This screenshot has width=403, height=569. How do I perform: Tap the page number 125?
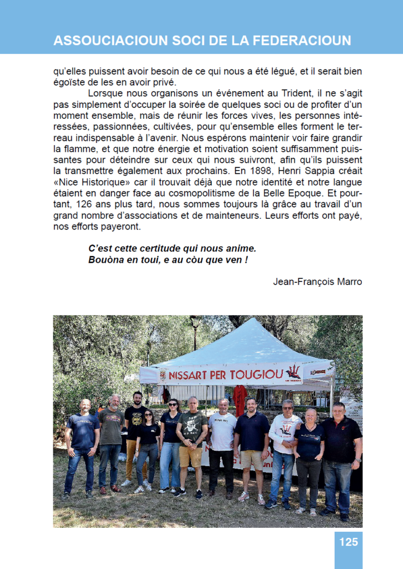tap(349, 542)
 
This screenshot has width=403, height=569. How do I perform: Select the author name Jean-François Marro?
tap(317, 281)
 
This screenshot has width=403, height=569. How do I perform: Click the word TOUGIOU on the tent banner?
tap(256, 375)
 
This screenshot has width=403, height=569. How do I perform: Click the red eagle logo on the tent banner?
tap(292, 372)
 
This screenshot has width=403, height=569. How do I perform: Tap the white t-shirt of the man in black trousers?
tap(222, 431)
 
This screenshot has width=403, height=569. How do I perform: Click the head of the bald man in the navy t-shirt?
tap(85, 406)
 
